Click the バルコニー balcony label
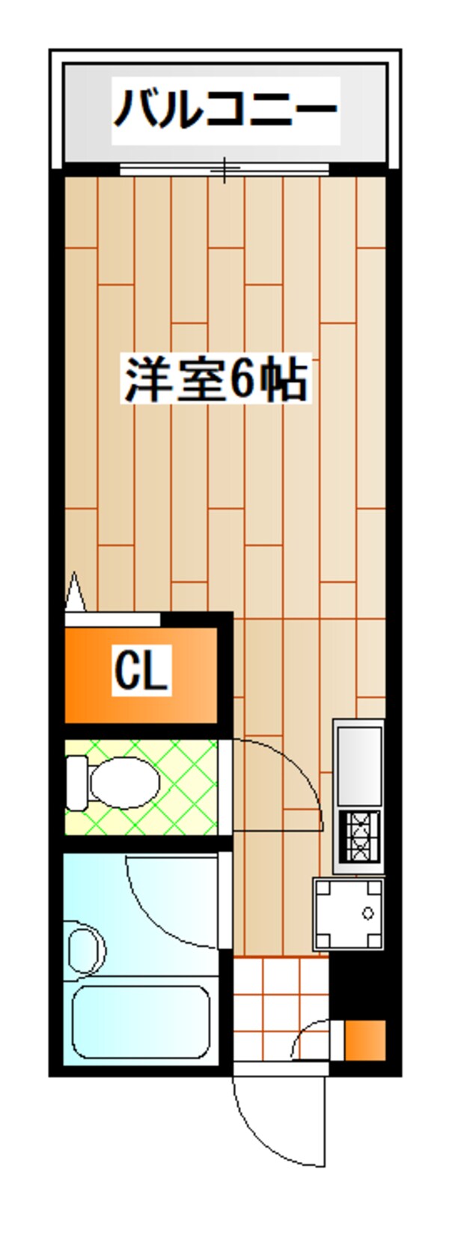click(x=225, y=109)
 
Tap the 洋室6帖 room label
click(x=216, y=380)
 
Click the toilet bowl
click(x=124, y=783)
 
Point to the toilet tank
click(x=76, y=783)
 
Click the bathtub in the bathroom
click(x=141, y=1021)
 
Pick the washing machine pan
click(x=348, y=914)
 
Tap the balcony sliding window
click(x=224, y=169)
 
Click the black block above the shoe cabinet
click(x=358, y=984)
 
